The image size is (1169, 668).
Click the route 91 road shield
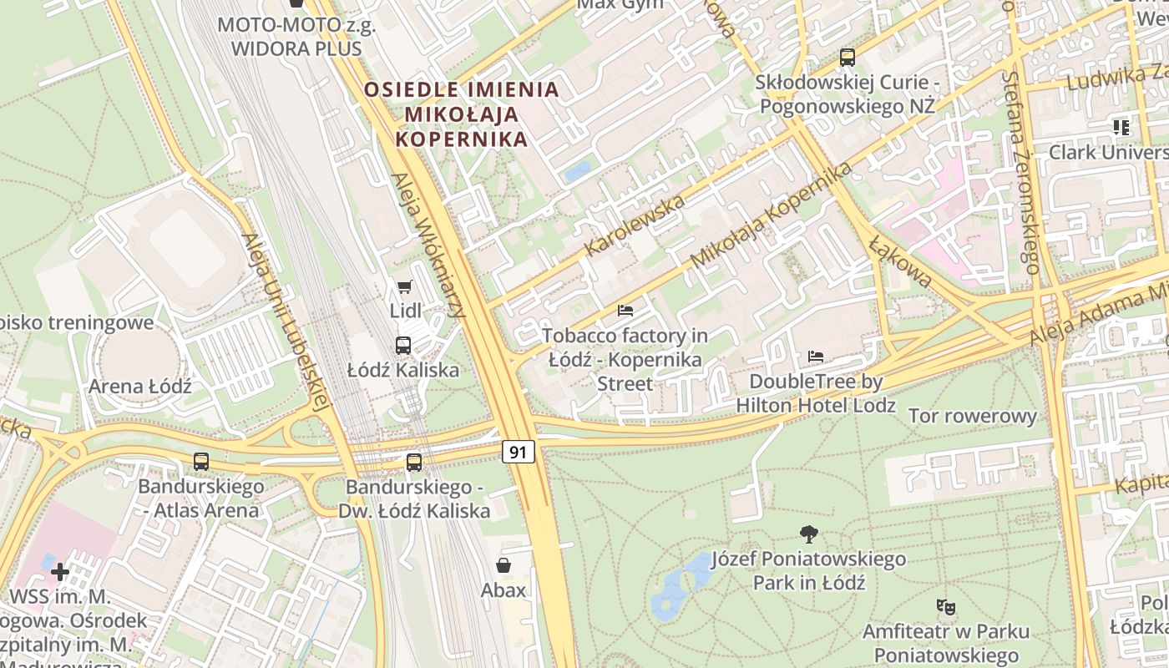[x=519, y=452]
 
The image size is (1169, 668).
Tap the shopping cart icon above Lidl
[x=405, y=287]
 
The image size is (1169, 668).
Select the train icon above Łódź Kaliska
[x=403, y=345]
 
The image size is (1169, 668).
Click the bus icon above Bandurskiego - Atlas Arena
[x=201, y=462]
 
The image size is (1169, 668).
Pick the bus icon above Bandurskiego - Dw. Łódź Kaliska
[x=414, y=462]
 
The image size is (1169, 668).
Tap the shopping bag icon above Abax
[x=504, y=565]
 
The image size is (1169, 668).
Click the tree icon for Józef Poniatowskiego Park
[x=808, y=534]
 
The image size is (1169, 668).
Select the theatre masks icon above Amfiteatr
[x=945, y=606]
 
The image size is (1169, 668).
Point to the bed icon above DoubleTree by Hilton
[x=816, y=357]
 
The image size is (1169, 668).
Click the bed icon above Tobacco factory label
[x=625, y=311]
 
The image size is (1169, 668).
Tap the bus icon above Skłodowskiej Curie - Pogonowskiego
[x=848, y=58]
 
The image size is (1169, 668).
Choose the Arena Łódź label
[x=140, y=387]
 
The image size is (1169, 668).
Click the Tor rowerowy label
[x=972, y=416]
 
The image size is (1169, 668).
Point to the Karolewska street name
[x=635, y=225]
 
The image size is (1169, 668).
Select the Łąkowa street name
[x=900, y=261]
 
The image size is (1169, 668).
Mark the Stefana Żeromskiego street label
[x=1021, y=172]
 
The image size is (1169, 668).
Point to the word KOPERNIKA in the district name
[x=462, y=139]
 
